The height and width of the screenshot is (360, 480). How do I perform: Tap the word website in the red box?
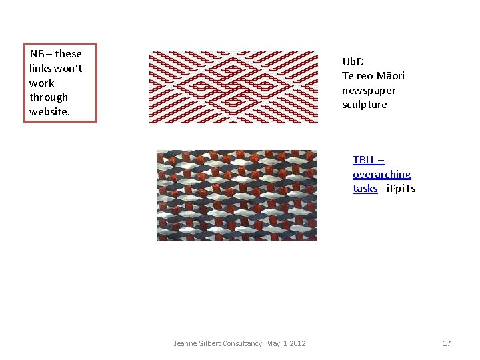[x=49, y=112]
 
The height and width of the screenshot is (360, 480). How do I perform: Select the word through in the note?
[x=49, y=97]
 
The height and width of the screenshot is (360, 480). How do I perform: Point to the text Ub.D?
[x=353, y=62]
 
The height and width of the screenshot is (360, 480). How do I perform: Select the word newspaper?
[x=369, y=91]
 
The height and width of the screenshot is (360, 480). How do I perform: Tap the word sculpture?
[x=364, y=105]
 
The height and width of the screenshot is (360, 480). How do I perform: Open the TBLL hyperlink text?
[x=364, y=160]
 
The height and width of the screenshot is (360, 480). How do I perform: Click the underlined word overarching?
[x=381, y=175]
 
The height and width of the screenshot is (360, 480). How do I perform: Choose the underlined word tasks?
[x=365, y=189]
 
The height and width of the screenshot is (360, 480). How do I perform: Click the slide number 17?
[x=447, y=343]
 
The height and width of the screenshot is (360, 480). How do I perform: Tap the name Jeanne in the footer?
[x=185, y=343]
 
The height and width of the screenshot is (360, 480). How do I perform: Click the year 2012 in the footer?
[x=297, y=343]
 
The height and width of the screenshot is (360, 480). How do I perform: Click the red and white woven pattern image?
[x=233, y=87]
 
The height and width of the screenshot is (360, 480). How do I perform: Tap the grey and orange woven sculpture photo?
[x=237, y=195]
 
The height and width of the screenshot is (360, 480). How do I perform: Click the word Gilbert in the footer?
[x=211, y=343]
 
